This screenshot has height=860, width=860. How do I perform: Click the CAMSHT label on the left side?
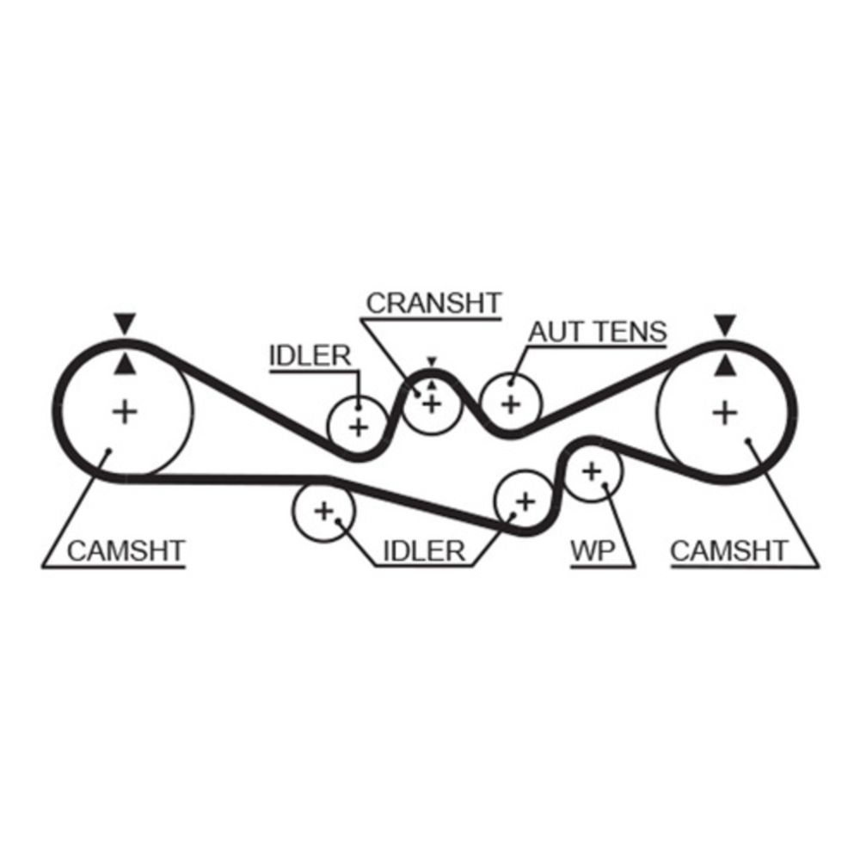point(126,550)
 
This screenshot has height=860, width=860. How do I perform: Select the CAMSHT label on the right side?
point(729,550)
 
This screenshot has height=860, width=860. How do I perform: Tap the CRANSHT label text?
point(433,303)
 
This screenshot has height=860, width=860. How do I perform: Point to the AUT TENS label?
point(598,331)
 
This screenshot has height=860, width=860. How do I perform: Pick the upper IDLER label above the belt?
point(310,355)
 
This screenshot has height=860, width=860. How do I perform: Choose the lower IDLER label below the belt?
point(422,551)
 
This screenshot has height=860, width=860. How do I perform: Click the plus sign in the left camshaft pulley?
point(126,412)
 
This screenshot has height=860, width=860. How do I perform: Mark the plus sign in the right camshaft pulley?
point(726,413)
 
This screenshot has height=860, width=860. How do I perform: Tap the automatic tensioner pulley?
point(511,402)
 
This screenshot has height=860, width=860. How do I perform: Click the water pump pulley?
point(592,470)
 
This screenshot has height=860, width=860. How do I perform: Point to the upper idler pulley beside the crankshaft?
point(358,424)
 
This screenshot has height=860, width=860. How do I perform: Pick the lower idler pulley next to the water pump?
point(524,501)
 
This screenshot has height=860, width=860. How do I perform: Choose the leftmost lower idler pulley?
point(323,511)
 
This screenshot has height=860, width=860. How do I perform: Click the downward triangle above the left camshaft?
point(126,324)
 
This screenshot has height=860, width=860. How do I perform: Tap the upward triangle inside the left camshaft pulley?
point(126,365)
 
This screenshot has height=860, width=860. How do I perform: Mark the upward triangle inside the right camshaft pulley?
point(726,365)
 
